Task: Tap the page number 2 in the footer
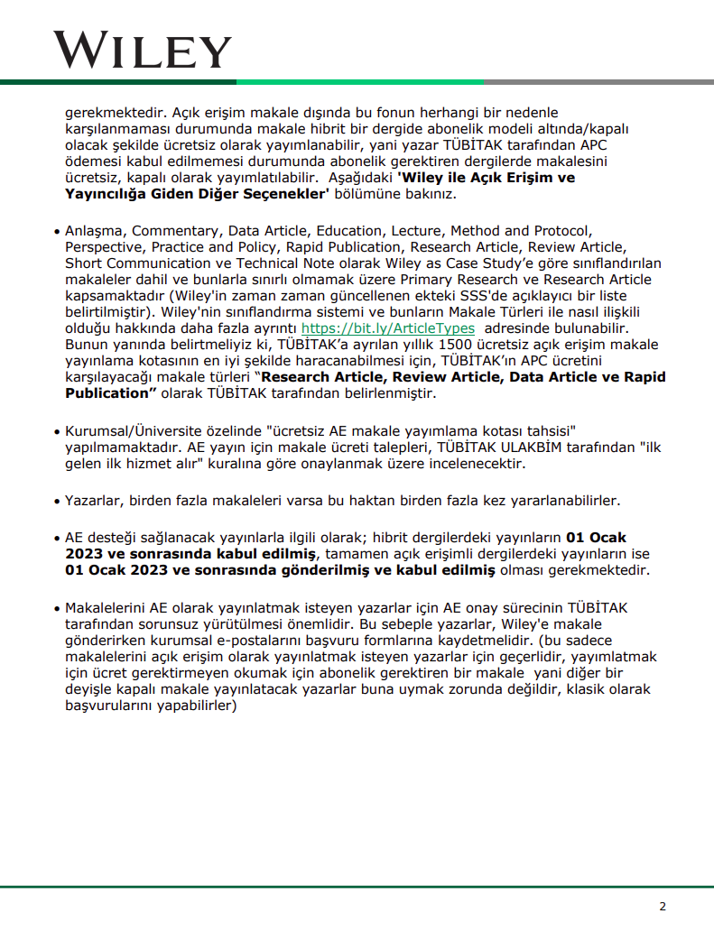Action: pyautogui.click(x=663, y=907)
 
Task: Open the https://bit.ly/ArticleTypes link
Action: pyautogui.click(x=388, y=328)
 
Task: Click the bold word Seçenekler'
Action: pyautogui.click(x=286, y=194)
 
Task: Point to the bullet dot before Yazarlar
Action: pyautogui.click(x=57, y=501)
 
